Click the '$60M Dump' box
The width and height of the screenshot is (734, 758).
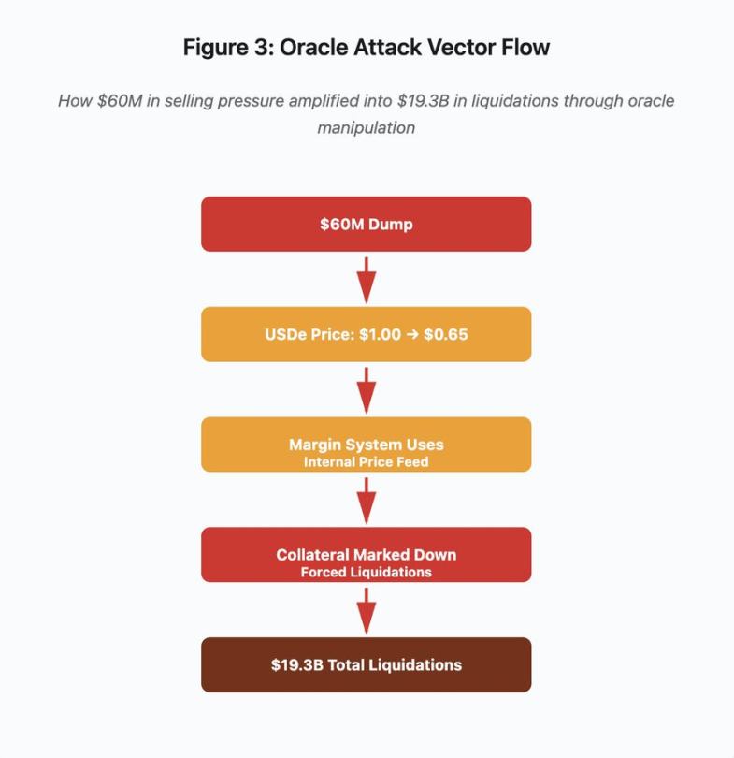tap(366, 224)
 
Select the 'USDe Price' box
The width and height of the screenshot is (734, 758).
tap(366, 334)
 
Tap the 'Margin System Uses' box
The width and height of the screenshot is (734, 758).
tap(366, 444)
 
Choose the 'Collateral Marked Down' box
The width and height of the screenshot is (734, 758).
tap(366, 554)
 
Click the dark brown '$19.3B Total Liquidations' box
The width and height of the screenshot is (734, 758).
tap(366, 664)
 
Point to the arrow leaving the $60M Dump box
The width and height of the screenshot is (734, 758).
tap(367, 279)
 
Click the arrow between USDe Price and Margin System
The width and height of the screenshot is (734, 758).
tap(367, 389)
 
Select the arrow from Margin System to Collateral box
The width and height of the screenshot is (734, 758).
tap(367, 500)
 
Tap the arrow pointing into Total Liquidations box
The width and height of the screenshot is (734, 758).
tap(367, 610)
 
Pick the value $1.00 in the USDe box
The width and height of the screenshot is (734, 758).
tap(380, 334)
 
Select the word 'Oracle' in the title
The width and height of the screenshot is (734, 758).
tap(302, 48)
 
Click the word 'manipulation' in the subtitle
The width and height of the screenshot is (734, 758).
tap(366, 127)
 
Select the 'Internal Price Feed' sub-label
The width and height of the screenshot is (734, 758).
tap(366, 461)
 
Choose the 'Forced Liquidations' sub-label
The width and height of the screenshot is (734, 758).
tap(366, 572)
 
